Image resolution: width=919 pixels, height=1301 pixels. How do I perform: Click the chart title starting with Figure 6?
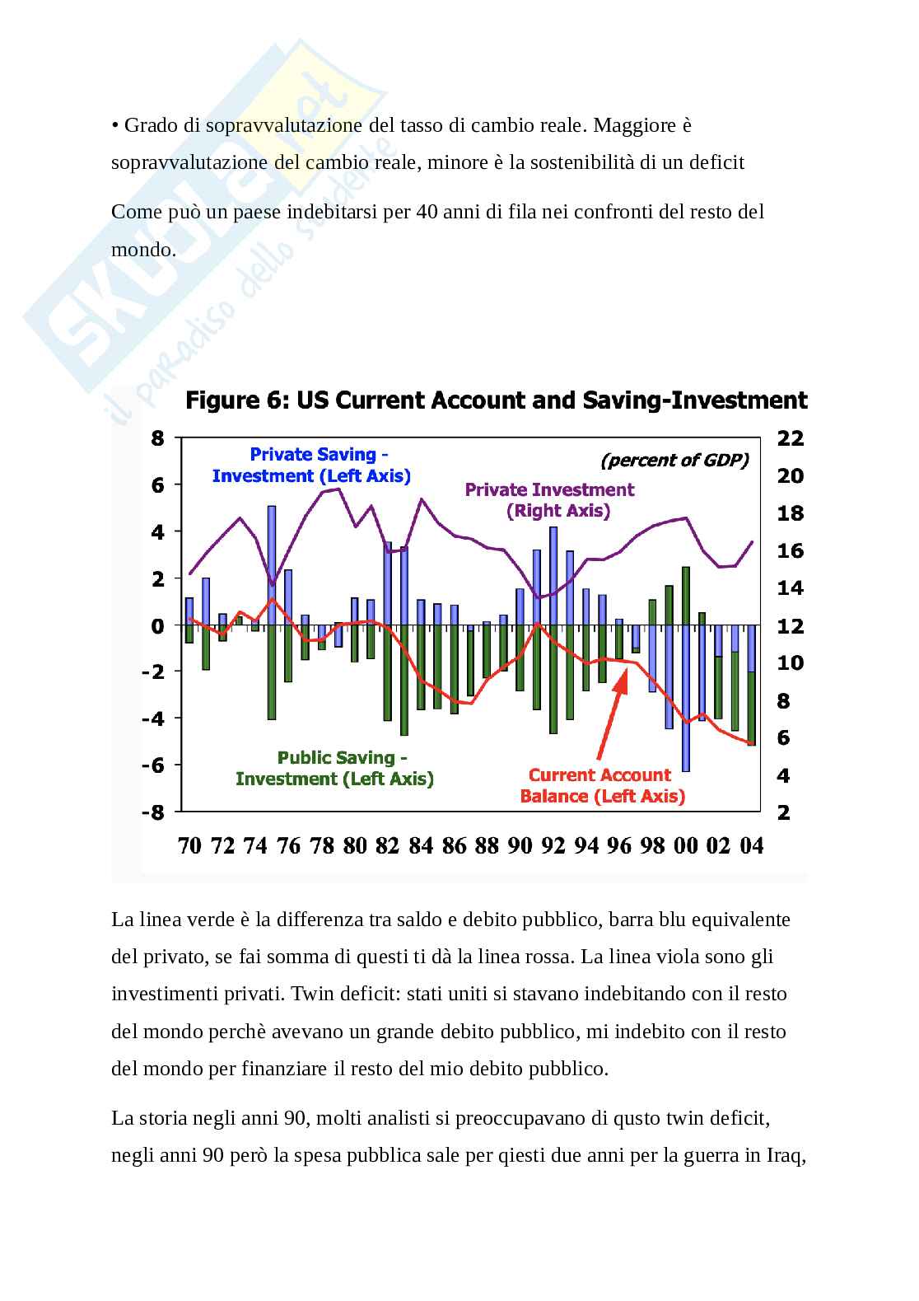496,401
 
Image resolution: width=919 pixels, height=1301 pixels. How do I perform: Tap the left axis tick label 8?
157,439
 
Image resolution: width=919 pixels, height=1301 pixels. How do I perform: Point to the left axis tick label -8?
152,812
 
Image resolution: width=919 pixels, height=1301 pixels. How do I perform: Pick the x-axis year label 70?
189,846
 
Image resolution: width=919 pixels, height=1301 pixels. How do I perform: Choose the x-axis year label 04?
751,846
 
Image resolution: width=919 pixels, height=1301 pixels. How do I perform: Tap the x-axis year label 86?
454,846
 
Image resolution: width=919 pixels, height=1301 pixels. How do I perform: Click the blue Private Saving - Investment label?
312,466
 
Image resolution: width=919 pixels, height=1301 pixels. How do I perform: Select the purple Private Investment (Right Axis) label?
549,500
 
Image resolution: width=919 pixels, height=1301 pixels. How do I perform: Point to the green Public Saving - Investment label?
334,768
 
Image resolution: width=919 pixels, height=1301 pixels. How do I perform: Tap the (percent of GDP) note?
674,461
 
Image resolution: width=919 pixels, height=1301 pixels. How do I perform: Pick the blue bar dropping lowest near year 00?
685,700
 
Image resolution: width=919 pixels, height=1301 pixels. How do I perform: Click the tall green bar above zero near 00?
685,595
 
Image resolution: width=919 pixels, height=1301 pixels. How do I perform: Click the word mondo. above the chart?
143,249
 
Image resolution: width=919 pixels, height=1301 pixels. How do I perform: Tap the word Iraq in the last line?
786,1155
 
